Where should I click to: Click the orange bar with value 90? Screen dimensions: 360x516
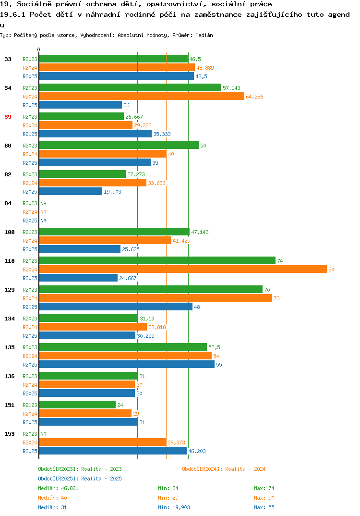pos(183,269)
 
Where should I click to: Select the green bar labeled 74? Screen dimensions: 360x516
pos(157,260)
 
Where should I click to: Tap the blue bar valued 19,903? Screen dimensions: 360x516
pos(71,192)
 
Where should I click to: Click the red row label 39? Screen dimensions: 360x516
pos(8,117)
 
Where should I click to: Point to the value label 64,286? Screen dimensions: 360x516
pos(254,97)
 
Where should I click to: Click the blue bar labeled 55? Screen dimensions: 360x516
pos(127,364)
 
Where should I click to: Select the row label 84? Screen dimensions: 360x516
pos(8,203)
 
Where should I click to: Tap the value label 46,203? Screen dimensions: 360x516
pos(197,451)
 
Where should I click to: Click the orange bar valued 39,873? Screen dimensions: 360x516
pos(103,442)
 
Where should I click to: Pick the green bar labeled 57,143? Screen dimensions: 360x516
pos(130,87)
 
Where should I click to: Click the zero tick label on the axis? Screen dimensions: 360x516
pos(38,49)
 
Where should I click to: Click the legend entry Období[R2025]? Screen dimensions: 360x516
pos(58,479)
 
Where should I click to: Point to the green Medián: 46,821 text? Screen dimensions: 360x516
pos(58,488)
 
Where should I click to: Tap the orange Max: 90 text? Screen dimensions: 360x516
pos(264,498)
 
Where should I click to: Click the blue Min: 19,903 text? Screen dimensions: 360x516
pos(174,507)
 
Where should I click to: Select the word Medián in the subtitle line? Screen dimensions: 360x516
pos(204,35)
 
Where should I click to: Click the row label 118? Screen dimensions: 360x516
pos(10,261)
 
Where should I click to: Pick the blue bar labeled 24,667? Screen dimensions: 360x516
pos(78,278)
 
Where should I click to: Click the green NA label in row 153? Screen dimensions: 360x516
pos(43,434)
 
